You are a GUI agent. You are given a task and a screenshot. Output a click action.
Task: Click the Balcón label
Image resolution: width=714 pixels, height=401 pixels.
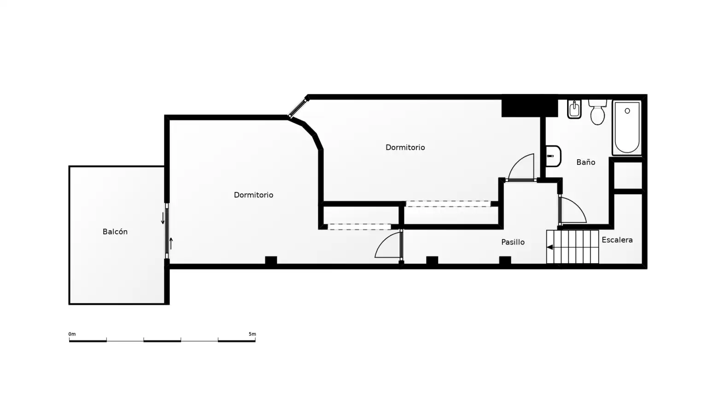(115, 232)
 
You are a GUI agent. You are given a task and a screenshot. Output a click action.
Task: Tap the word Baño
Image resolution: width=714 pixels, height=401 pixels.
(586, 163)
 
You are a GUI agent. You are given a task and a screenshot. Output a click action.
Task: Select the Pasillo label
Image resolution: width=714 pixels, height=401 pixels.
(513, 242)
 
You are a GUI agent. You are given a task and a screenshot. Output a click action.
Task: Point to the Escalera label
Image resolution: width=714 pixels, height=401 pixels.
(617, 240)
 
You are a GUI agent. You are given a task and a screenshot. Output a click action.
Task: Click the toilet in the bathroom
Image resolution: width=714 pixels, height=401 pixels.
(597, 112)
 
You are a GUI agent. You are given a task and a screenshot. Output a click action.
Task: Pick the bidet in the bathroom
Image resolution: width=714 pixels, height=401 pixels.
(574, 109)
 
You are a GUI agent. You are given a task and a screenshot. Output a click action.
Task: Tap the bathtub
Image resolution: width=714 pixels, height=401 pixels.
(627, 128)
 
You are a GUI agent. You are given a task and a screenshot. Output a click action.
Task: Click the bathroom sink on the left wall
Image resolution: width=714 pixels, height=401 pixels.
(553, 156)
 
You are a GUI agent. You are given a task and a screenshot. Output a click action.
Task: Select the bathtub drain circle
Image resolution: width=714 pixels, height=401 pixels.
(627, 111)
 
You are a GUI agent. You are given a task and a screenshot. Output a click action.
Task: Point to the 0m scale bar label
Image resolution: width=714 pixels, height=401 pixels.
(72, 334)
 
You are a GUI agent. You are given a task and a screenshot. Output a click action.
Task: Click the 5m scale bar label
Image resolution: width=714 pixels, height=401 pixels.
(252, 334)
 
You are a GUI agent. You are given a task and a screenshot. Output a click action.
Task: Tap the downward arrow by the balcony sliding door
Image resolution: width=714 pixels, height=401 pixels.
(163, 218)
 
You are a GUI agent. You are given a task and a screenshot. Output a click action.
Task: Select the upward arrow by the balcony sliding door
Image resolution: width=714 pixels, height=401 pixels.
(171, 244)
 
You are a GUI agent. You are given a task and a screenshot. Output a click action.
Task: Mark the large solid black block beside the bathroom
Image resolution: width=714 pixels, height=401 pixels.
(530, 106)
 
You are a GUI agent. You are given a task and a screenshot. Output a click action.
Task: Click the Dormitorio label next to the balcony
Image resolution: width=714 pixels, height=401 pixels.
(253, 195)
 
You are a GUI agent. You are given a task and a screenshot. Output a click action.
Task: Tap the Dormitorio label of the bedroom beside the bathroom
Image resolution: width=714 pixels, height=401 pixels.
(405, 147)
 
